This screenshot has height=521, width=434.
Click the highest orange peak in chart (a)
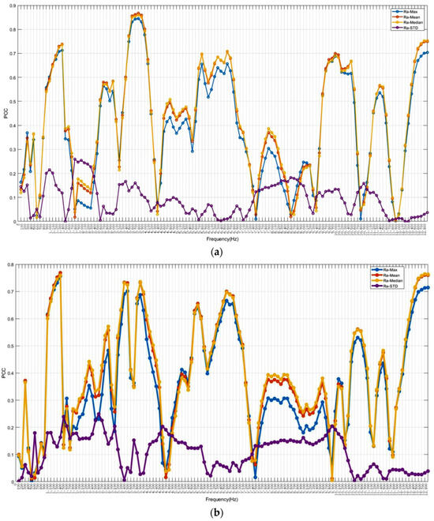(x=139, y=13)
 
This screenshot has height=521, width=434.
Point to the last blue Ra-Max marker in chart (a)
(x=427, y=52)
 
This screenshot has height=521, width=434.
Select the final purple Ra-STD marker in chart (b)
(x=428, y=471)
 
